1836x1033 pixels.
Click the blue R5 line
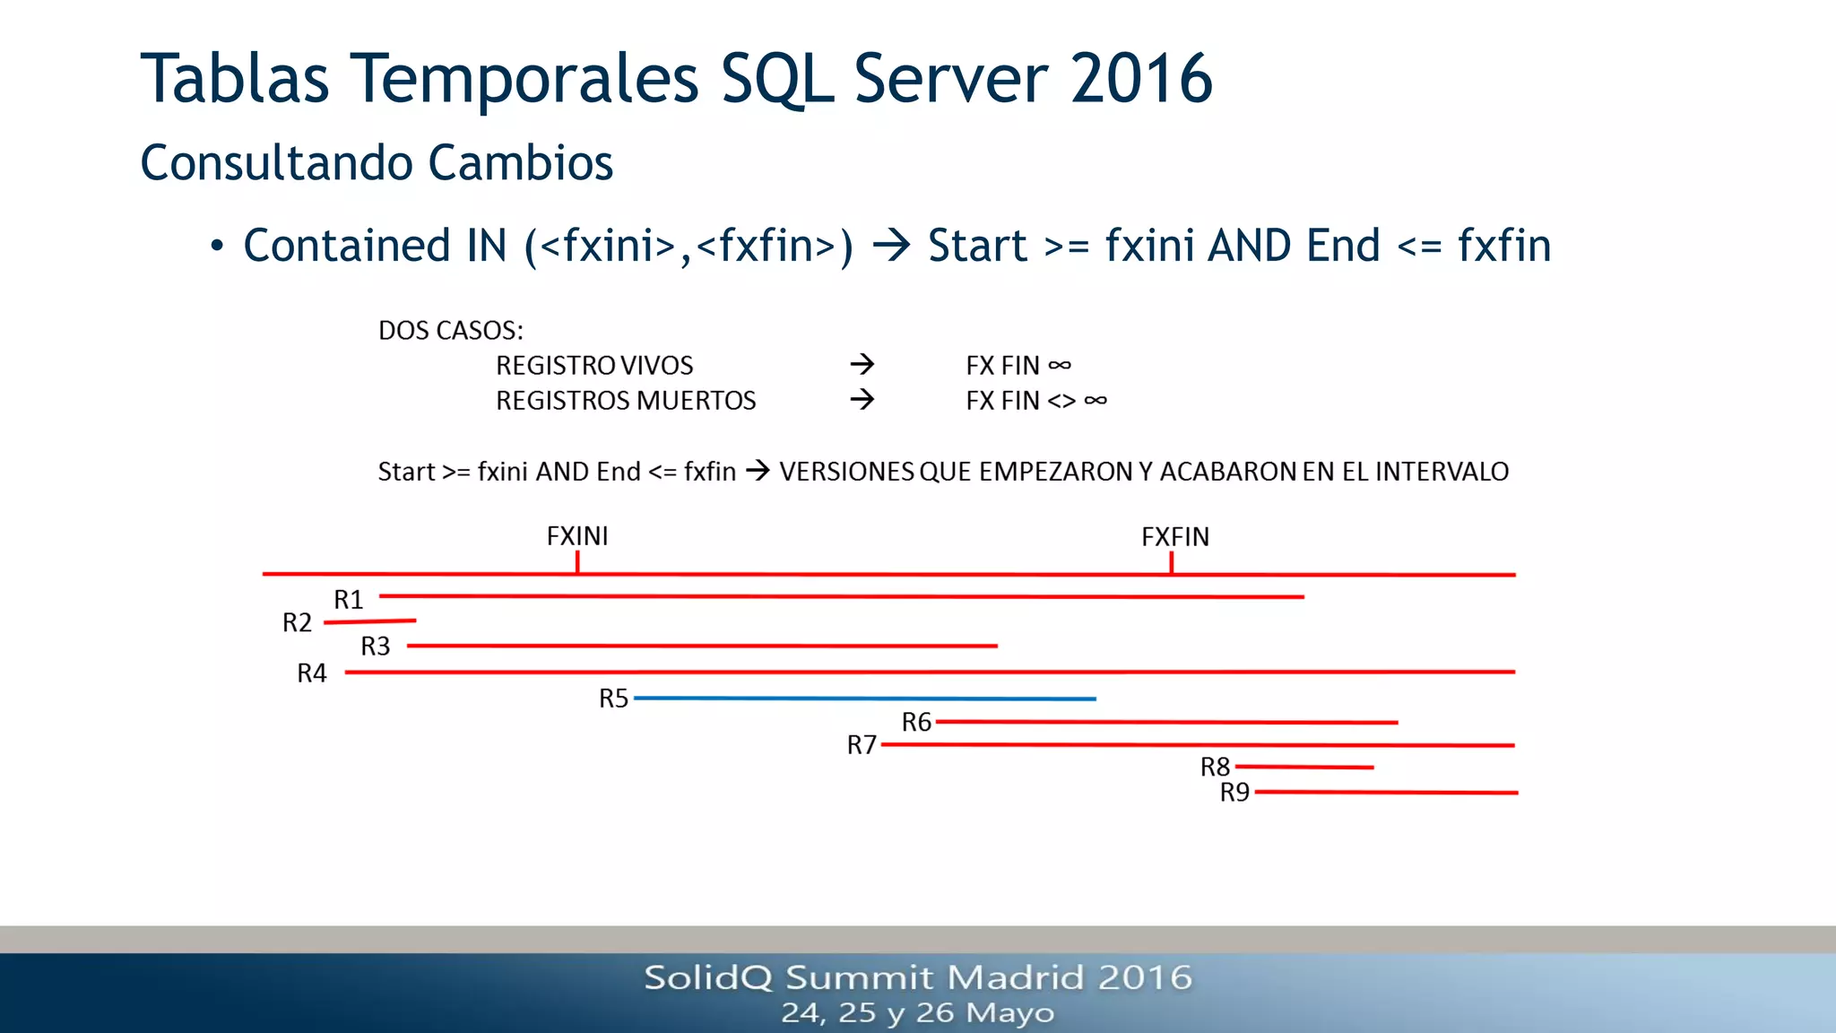coord(864,698)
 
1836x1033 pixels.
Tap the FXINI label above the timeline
coord(577,536)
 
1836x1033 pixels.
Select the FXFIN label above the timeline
coord(1174,537)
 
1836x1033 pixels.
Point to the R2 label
coord(297,622)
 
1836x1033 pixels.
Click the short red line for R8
coord(1303,767)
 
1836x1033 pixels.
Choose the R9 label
coord(1234,793)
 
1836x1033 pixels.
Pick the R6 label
coord(916,722)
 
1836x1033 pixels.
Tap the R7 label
coord(862,745)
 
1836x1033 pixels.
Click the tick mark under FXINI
coord(577,563)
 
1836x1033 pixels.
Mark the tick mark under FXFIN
coord(1171,563)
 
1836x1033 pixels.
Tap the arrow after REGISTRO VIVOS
coord(862,364)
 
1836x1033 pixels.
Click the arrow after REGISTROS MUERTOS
coord(862,399)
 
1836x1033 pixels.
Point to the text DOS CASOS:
coord(450,330)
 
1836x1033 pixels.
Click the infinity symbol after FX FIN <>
coord(1095,400)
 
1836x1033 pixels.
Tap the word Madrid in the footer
coord(1017,977)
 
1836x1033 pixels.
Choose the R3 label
coord(375,647)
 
